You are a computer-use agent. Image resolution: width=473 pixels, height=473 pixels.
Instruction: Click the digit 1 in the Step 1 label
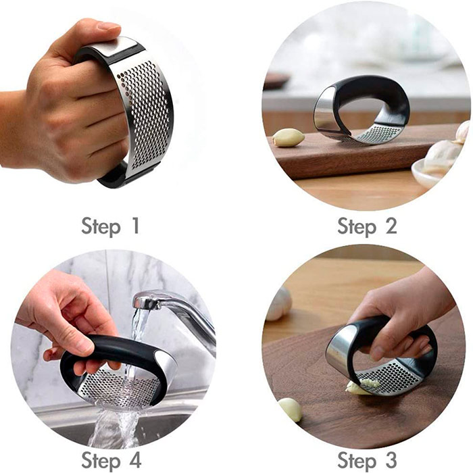[x=135, y=226]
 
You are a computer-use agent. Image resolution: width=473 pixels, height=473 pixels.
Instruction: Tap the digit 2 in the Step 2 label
[x=391, y=226]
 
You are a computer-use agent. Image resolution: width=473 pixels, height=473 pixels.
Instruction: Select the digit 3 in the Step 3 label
[x=391, y=460]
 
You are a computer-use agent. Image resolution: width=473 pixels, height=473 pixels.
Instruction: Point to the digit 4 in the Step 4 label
[x=134, y=460]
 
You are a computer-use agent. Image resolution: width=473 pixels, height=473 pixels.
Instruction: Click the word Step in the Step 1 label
[x=101, y=227]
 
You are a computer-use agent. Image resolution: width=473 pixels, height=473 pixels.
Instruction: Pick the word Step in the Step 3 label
[x=357, y=462]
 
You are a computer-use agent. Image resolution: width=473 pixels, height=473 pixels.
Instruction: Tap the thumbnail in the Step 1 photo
[x=109, y=26]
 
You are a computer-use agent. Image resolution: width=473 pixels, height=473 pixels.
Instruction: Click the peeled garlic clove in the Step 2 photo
[x=288, y=137]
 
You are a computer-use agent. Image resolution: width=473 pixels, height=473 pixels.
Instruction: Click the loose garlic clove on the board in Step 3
[x=290, y=409]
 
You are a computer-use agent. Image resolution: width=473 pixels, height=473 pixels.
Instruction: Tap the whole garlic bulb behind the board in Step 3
[x=278, y=303]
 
